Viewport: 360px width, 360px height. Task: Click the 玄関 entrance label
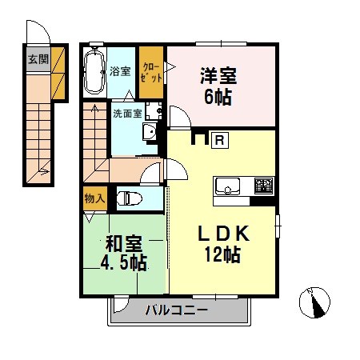click(37, 58)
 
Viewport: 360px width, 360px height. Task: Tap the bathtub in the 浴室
click(94, 71)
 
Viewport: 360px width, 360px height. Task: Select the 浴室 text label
click(121, 70)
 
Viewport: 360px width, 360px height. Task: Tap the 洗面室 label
click(126, 114)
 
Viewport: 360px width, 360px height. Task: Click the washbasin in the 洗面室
click(149, 133)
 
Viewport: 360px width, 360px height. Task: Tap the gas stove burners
click(263, 186)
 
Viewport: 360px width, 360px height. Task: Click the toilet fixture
click(130, 198)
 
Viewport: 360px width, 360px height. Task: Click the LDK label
click(225, 234)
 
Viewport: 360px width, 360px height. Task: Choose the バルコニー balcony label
click(177, 310)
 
